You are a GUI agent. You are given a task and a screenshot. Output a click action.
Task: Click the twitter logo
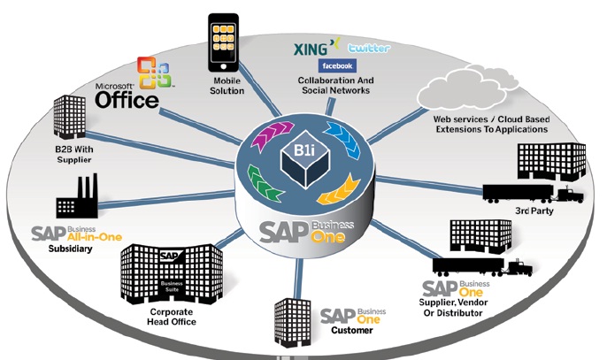click(x=368, y=48)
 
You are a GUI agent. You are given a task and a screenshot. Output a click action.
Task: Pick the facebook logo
click(x=338, y=66)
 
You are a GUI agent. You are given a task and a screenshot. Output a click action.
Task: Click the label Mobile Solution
click(x=227, y=85)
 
